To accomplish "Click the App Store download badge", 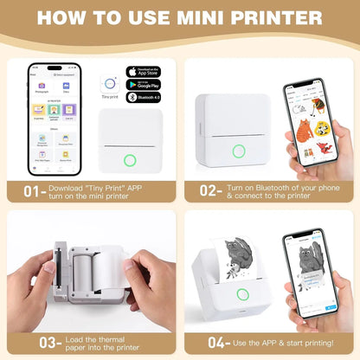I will [x=144, y=72].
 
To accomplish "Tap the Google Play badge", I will [x=144, y=86].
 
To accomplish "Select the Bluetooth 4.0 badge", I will [x=144, y=100].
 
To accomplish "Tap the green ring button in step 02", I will [x=239, y=151].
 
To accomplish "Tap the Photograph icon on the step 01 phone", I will [x=42, y=87].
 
